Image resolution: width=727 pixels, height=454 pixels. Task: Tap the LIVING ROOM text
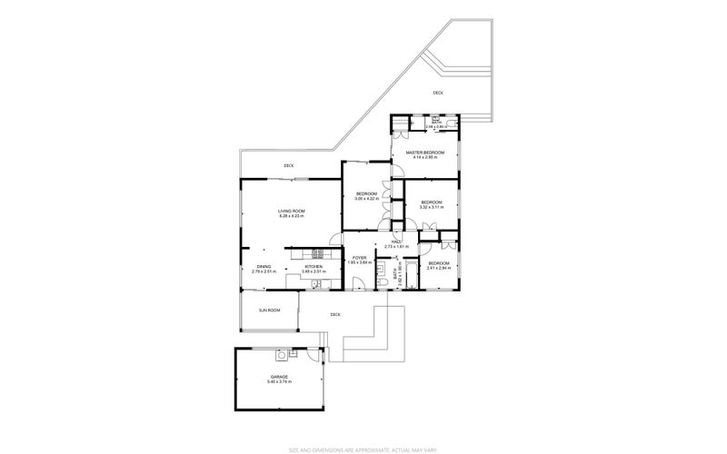(291, 211)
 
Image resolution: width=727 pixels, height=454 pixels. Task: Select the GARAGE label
(279, 376)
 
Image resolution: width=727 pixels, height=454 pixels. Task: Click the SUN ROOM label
(269, 310)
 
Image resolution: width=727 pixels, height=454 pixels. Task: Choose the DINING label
(264, 266)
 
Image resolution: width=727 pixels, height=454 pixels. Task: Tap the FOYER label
(360, 258)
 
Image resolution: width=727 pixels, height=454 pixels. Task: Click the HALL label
(397, 242)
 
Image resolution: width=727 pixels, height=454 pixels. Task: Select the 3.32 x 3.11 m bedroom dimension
(431, 207)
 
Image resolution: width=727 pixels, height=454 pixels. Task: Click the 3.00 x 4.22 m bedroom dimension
(366, 198)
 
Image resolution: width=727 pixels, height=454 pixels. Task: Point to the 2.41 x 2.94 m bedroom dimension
(439, 268)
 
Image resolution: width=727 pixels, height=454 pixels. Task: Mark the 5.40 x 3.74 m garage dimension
(279, 381)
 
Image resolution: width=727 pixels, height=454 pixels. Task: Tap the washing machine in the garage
(283, 355)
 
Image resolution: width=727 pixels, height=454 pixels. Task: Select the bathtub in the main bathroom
(412, 276)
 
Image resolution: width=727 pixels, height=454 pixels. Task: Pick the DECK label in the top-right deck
(438, 93)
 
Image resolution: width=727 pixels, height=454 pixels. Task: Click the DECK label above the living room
(289, 165)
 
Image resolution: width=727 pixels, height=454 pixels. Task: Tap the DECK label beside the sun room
(335, 314)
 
